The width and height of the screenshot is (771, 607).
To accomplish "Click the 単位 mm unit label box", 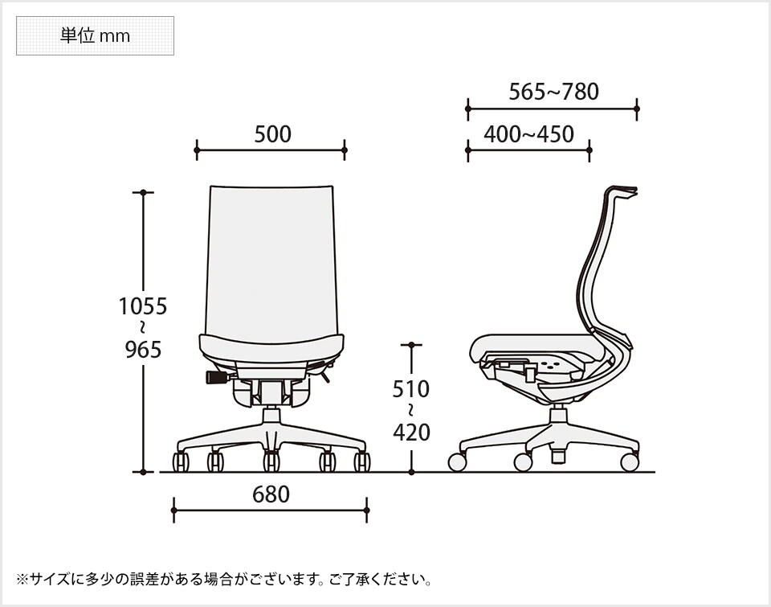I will pyautogui.click(x=95, y=36).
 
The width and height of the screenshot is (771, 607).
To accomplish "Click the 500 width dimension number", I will pyautogui.click(x=272, y=134).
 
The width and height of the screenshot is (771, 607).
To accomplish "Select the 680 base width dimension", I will pyautogui.click(x=271, y=494).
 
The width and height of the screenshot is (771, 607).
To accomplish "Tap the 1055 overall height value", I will pyautogui.click(x=142, y=306).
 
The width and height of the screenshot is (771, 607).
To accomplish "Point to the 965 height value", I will pyautogui.click(x=144, y=350).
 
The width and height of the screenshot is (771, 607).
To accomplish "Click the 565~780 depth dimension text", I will pyautogui.click(x=553, y=92).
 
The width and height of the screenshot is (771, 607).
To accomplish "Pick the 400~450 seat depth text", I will pyautogui.click(x=528, y=134).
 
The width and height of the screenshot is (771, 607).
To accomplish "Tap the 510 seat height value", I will pyautogui.click(x=410, y=389).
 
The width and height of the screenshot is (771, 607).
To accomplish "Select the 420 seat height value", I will pyautogui.click(x=411, y=433).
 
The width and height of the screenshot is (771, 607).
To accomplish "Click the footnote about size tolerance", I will pyautogui.click(x=226, y=578).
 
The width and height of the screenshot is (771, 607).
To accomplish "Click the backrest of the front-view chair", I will pyautogui.click(x=271, y=257).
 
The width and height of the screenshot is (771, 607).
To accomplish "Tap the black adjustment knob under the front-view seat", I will pyautogui.click(x=215, y=377).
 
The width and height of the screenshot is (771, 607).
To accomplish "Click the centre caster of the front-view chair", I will pyautogui.click(x=271, y=461).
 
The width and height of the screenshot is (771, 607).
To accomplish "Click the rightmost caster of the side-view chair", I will pyautogui.click(x=630, y=462).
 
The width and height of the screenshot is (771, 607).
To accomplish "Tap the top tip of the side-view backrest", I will pyautogui.click(x=631, y=191).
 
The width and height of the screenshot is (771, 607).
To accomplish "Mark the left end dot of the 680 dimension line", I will pyautogui.click(x=174, y=509).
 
